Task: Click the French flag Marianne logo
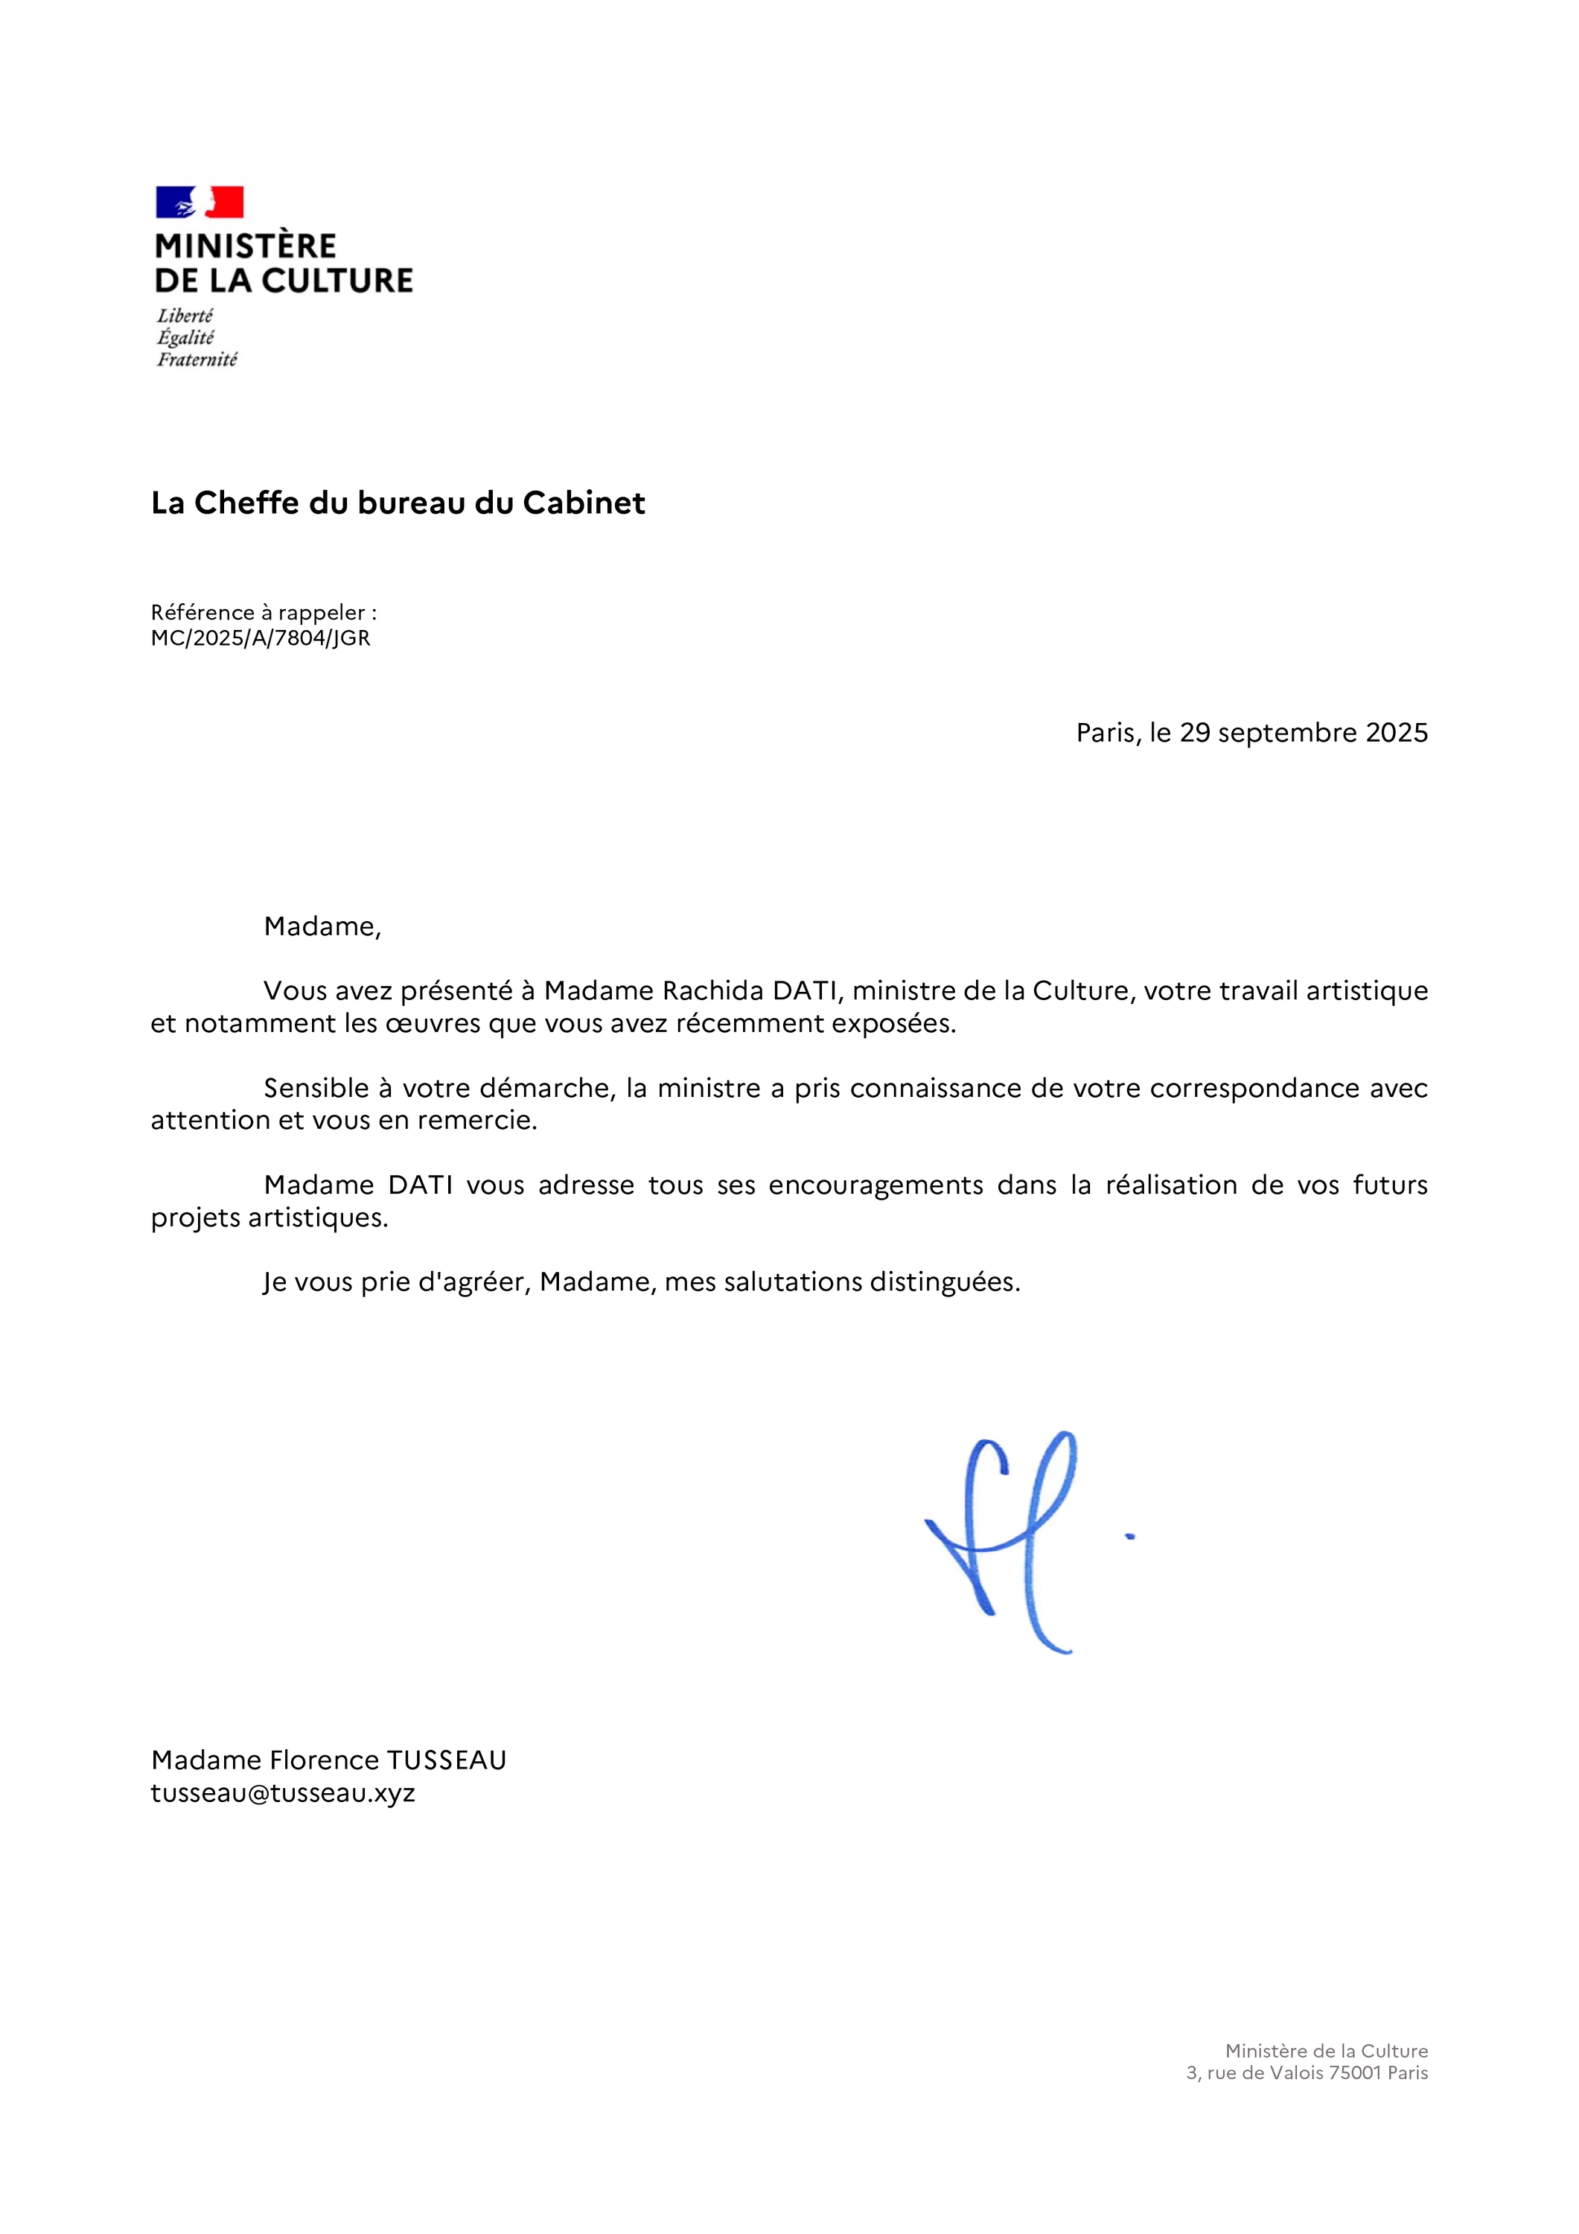[x=200, y=203]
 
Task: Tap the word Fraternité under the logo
[x=197, y=360]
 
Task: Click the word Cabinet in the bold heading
[x=584, y=503]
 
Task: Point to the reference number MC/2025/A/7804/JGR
[x=260, y=638]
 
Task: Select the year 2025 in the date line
[x=1396, y=733]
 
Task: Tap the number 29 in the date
[x=1195, y=733]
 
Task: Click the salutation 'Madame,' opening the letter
[x=322, y=926]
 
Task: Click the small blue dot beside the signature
[x=1129, y=1537]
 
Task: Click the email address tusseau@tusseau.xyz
[x=282, y=1793]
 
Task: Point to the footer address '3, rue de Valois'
[x=1255, y=2073]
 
